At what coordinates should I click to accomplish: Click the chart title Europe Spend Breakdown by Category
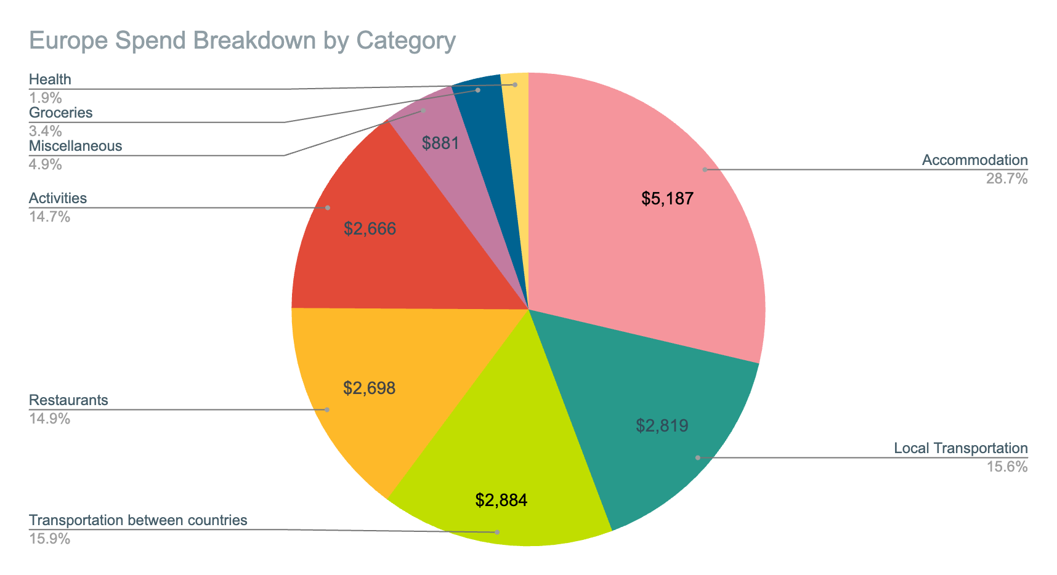(x=242, y=41)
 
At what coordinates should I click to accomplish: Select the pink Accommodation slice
(x=647, y=246)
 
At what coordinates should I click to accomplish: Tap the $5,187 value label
(x=667, y=199)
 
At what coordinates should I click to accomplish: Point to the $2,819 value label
(x=662, y=425)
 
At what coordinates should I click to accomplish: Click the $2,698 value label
(x=369, y=388)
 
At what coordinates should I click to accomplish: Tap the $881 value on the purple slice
(x=440, y=143)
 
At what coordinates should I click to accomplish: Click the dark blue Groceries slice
(x=487, y=111)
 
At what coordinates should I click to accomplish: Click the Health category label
(x=50, y=79)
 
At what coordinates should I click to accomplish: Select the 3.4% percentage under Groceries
(x=45, y=131)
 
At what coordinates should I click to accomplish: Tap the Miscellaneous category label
(x=75, y=146)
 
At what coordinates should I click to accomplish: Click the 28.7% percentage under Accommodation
(x=1007, y=179)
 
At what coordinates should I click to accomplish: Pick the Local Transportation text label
(x=960, y=448)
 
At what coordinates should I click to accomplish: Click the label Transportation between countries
(x=138, y=520)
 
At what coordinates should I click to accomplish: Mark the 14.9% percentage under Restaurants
(x=49, y=419)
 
